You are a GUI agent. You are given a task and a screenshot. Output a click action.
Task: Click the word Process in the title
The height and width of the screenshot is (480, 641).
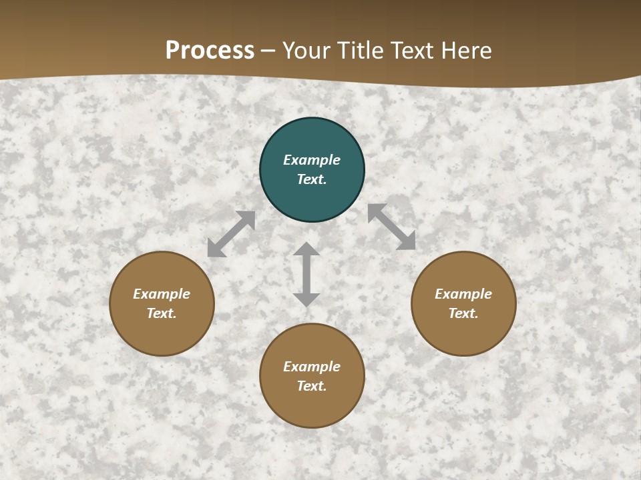(210, 51)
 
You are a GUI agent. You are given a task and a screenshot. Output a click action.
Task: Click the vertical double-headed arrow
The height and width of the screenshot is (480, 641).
(306, 274)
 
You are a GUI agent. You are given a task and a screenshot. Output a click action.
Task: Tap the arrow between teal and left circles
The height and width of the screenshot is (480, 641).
(231, 234)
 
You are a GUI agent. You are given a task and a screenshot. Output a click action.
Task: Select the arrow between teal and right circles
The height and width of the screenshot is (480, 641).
(391, 227)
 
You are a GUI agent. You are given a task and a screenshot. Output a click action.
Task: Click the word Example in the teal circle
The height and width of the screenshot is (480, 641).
(312, 160)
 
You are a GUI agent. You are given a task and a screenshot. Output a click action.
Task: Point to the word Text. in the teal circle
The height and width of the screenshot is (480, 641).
(312, 179)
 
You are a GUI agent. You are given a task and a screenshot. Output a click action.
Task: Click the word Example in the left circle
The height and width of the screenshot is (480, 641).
(162, 294)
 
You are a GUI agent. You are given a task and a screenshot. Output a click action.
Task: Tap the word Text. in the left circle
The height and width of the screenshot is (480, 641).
(162, 313)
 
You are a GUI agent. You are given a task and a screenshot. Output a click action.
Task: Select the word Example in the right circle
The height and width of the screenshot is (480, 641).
(463, 294)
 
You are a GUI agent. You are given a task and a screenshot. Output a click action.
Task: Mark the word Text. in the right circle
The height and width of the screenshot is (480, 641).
(463, 313)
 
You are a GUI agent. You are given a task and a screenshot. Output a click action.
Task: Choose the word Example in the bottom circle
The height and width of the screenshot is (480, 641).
(312, 367)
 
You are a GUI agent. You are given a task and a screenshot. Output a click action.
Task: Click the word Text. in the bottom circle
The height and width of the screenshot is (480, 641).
(312, 386)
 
